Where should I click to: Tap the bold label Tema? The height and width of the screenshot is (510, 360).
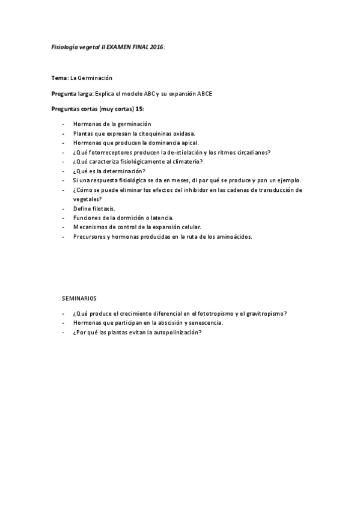(59, 78)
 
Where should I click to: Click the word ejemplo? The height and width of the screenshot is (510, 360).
(288, 180)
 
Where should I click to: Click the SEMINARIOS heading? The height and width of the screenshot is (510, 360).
(79, 298)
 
